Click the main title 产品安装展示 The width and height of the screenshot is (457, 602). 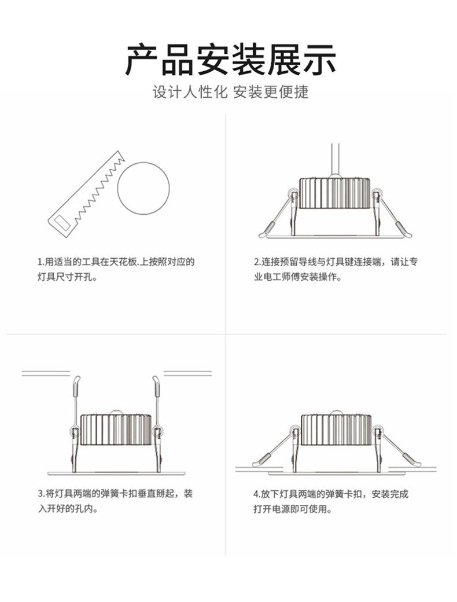pos(230,60)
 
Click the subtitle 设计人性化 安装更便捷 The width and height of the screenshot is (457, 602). pos(230,93)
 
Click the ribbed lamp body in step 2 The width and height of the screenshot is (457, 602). pos(334,193)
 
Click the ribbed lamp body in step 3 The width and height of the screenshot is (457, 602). pos(116,430)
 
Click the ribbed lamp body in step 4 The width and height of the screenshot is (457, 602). pos(336,430)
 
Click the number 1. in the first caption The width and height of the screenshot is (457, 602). pos(40,262)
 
